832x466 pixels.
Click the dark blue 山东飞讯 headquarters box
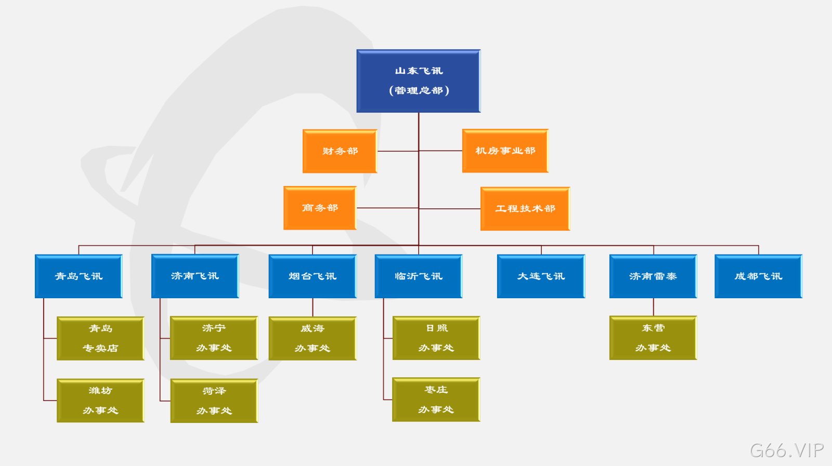tap(419, 81)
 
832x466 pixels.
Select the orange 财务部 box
tap(340, 151)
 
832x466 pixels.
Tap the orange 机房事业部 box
tap(505, 151)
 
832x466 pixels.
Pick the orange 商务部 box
tap(320, 208)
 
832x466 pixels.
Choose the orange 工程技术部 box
tap(525, 208)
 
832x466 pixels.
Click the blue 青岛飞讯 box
tap(79, 276)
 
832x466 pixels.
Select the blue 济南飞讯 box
tap(195, 276)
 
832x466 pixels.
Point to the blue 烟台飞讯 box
tap(313, 276)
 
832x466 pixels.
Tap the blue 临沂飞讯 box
tap(419, 276)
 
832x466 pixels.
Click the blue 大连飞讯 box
tap(541, 276)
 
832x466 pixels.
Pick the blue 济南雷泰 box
tap(653, 276)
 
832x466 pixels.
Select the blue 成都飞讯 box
tap(759, 276)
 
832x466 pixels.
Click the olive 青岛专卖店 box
tap(100, 338)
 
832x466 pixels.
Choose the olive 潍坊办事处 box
tap(100, 401)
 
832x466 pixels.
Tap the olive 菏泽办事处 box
tap(214, 401)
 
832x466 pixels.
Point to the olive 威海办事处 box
tap(313, 338)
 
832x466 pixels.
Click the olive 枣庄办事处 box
tap(436, 400)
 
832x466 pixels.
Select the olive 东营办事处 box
tap(653, 338)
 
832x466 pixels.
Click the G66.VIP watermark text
tap(787, 450)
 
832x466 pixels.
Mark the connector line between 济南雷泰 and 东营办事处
tap(653, 307)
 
